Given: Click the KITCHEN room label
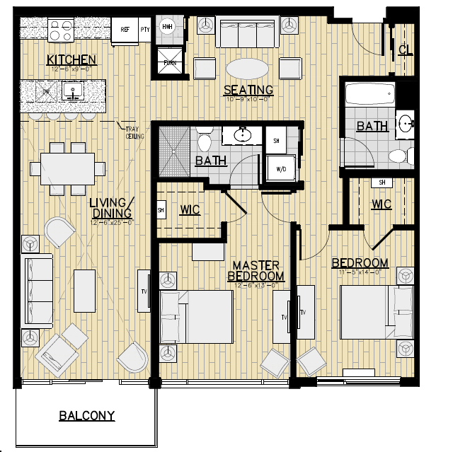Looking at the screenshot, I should pyautogui.click(x=71, y=59).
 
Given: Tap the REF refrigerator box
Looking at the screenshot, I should pyautogui.click(x=125, y=30).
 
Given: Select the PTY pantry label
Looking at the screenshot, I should pyautogui.click(x=145, y=30).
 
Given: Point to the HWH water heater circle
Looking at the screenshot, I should pyautogui.click(x=168, y=27).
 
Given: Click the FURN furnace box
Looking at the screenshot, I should pyautogui.click(x=170, y=62).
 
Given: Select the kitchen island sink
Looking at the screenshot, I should pyautogui.click(x=71, y=91).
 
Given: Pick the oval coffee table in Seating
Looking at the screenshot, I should pyautogui.click(x=247, y=69).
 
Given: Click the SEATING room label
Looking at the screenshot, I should pyautogui.click(x=248, y=90).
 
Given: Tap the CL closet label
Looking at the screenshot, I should pyautogui.click(x=405, y=50).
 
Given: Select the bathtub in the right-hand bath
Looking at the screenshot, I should pyautogui.click(x=369, y=96).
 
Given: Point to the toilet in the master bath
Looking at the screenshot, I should pyautogui.click(x=205, y=139).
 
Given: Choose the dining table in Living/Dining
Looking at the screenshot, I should pyautogui.click(x=68, y=168).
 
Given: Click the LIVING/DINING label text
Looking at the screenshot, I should pyautogui.click(x=112, y=209).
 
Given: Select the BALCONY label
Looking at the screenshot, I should pyautogui.click(x=86, y=415).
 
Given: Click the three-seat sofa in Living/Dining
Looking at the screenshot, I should pyautogui.click(x=38, y=291).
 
